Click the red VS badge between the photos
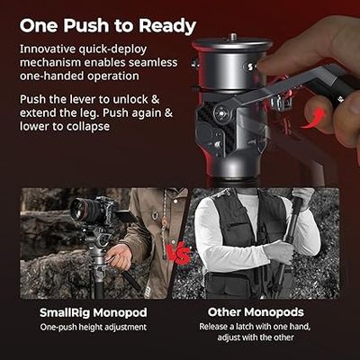pos(181,254)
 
